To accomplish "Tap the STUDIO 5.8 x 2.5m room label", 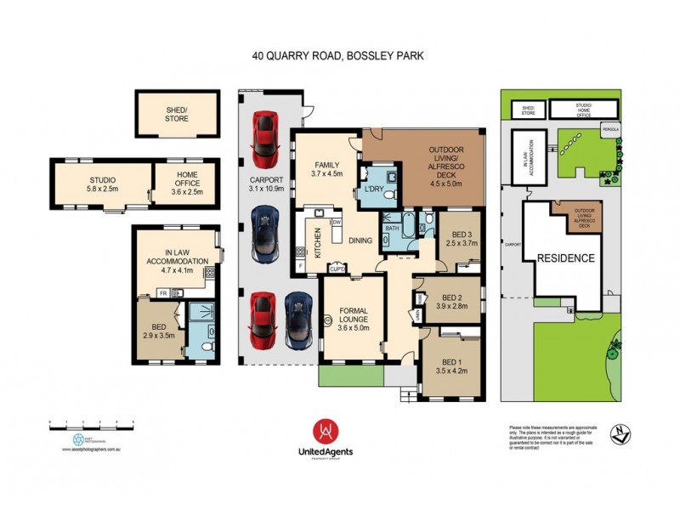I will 102,184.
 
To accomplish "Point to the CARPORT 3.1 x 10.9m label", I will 264,184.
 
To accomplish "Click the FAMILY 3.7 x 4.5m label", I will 326,167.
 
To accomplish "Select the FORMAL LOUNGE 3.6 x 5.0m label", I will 352,317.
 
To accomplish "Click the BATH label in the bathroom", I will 392,229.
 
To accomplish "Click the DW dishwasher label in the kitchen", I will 337,222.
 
